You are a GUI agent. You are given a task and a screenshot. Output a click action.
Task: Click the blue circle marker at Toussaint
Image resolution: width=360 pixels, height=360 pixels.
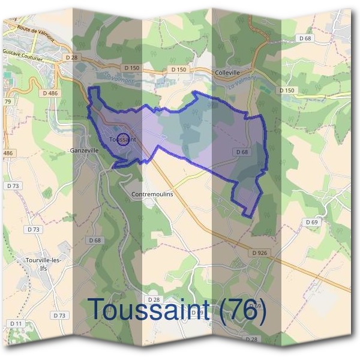122,139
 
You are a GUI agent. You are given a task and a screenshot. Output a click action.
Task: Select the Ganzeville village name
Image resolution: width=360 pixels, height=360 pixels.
84,151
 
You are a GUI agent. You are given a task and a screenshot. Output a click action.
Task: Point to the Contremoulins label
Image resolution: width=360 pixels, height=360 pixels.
152,195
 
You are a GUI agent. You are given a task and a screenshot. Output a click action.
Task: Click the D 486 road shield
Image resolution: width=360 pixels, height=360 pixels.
50,93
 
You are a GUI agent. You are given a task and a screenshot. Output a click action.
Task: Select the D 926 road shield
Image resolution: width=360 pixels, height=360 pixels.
260,253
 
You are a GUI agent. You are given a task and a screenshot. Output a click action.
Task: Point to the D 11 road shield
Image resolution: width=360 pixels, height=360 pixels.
16,324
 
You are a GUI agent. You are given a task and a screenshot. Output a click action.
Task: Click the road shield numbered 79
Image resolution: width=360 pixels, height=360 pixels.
8,101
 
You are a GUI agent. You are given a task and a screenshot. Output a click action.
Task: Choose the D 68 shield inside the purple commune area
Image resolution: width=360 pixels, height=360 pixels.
242,152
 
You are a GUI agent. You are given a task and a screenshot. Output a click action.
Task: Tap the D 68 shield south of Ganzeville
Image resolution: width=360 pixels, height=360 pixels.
95,240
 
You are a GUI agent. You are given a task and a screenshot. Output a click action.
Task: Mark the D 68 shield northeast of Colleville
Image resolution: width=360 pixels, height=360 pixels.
305,38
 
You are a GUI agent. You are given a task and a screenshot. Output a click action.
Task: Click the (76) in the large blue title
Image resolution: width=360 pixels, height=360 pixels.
241,308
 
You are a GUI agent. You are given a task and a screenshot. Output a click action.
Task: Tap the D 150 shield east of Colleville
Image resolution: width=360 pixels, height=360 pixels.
287,90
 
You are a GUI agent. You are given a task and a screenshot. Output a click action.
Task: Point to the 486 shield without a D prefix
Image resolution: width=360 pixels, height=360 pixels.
8,154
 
